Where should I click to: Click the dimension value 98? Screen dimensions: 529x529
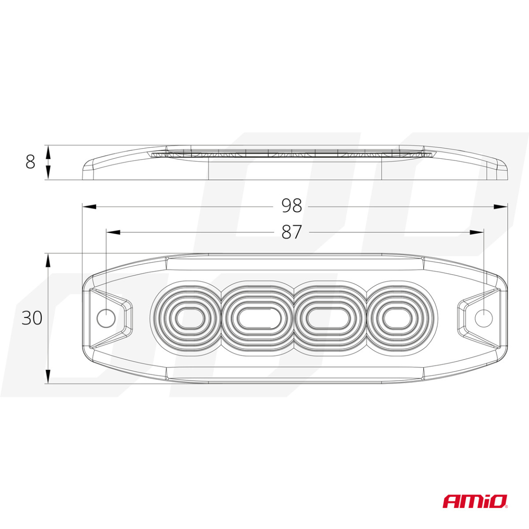click(x=291, y=206)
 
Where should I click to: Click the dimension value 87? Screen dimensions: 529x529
click(x=291, y=232)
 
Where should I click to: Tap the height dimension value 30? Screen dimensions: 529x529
click(x=32, y=318)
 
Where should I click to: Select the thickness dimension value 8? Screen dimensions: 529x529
click(x=30, y=162)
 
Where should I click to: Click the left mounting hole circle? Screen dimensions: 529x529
click(x=106, y=318)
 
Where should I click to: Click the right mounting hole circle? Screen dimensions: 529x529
click(x=484, y=318)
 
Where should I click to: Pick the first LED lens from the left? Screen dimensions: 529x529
click(x=186, y=318)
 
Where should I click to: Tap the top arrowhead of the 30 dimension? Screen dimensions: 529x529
click(x=48, y=260)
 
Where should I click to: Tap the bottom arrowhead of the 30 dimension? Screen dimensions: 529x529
click(x=48, y=376)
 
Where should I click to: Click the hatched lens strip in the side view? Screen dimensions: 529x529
click(x=291, y=154)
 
